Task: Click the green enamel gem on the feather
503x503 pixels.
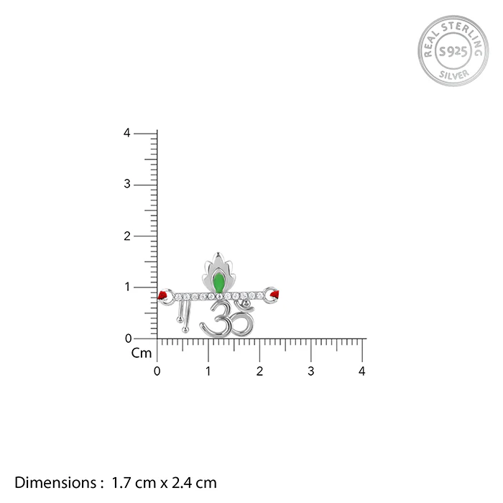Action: pos(218,282)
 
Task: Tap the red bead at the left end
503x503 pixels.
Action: pos(162,295)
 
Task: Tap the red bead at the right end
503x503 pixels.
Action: pos(275,294)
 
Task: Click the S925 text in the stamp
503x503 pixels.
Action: pos(453,51)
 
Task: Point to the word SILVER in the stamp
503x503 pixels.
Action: pos(453,75)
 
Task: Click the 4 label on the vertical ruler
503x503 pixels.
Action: pos(127,133)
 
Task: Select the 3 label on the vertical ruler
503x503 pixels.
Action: pos(127,184)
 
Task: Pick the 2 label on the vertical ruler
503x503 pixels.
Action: pos(127,236)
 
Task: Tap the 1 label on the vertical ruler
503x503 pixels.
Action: pos(128,287)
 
